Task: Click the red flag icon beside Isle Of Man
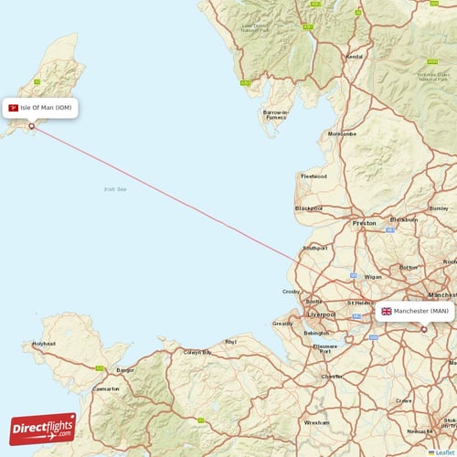coord(14,108)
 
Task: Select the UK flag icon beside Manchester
coord(387,311)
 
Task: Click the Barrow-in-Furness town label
coord(275,114)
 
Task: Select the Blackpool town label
coord(309,208)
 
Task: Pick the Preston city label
coord(365,222)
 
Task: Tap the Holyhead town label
coord(44,344)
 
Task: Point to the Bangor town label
coord(126,370)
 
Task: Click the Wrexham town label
coord(317,423)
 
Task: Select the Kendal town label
coord(354,57)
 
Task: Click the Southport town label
coord(315,248)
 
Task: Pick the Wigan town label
coord(373,275)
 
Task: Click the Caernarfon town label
coord(107,388)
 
